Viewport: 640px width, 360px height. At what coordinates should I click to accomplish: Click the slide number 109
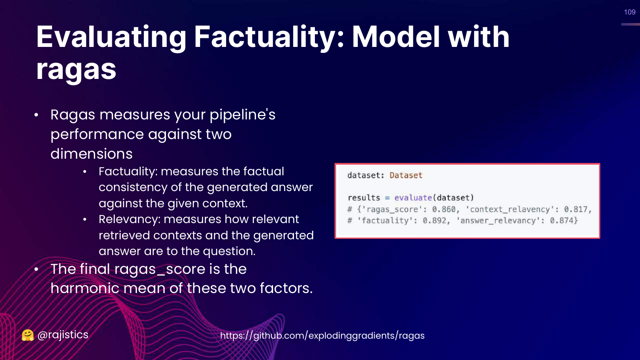[x=630, y=12]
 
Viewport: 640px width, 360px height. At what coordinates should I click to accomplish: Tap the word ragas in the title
[x=76, y=70]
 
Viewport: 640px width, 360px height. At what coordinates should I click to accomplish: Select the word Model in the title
[x=396, y=37]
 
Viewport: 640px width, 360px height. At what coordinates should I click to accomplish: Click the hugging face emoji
[x=28, y=335]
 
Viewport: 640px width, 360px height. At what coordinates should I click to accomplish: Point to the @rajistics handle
[x=63, y=335]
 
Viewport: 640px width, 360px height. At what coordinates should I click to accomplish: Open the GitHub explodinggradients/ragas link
[x=322, y=335]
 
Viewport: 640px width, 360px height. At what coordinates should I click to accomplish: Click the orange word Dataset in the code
[x=406, y=175]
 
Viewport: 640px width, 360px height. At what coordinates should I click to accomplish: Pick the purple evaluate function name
[x=413, y=198]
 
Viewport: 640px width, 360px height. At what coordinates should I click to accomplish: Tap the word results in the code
[x=364, y=198]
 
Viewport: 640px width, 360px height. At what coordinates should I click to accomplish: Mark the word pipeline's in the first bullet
[x=243, y=115]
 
